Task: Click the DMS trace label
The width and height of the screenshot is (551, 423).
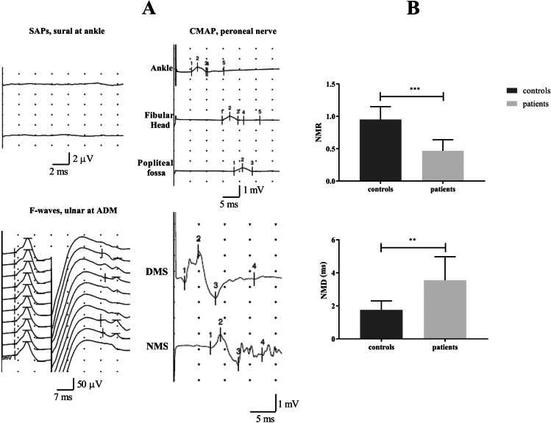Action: [x=157, y=272]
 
